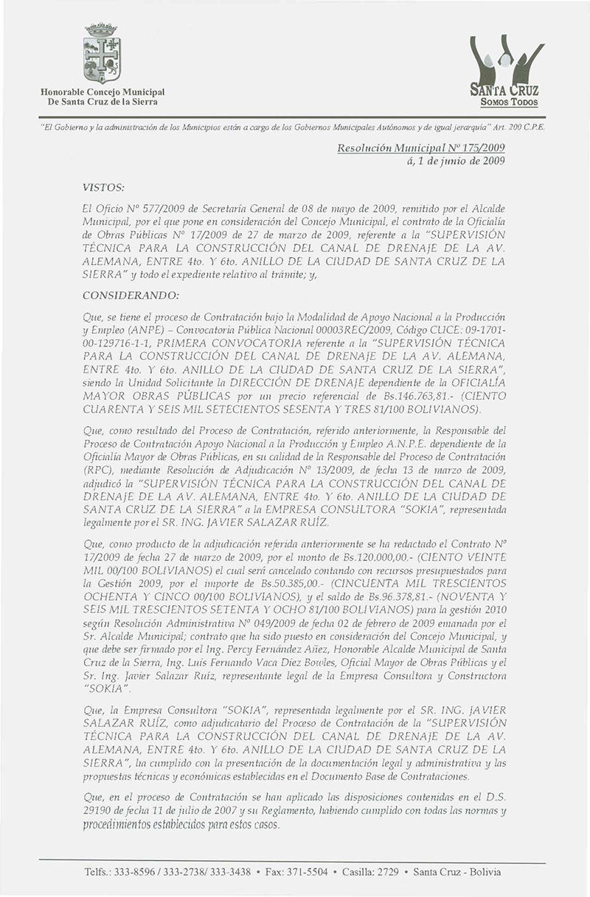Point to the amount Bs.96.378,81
coord(392,598)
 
